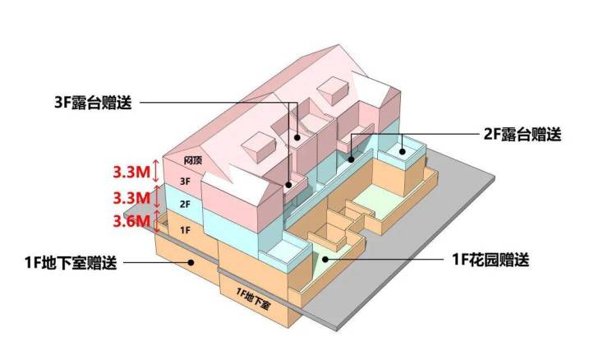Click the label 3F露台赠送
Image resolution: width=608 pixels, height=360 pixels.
point(93,103)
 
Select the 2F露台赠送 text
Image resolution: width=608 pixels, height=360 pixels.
point(523,134)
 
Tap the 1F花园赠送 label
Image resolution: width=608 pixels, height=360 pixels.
point(491,259)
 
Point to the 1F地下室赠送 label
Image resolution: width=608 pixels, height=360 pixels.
point(71,263)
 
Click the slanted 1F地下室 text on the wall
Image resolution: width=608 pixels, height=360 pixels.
point(252,298)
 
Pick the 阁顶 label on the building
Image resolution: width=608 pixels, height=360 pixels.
point(193,159)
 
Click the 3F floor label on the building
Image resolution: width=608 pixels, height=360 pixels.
point(186,181)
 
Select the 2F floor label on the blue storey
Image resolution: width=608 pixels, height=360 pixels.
point(185,204)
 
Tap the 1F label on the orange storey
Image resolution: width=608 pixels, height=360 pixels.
point(185,230)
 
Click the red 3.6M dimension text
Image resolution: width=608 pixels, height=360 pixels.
point(131,221)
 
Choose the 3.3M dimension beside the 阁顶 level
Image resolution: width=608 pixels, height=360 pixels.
point(131,172)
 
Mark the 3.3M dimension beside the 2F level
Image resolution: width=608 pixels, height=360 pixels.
point(131,198)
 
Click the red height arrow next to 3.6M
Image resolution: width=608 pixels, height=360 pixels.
point(157,222)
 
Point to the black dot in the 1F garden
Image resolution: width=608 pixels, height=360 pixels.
point(325,259)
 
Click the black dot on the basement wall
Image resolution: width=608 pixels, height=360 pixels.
point(191,263)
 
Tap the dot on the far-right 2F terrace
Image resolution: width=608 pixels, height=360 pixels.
point(403,152)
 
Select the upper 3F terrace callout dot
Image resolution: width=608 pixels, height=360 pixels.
point(297,137)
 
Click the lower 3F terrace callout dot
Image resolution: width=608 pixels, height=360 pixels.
point(289,185)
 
